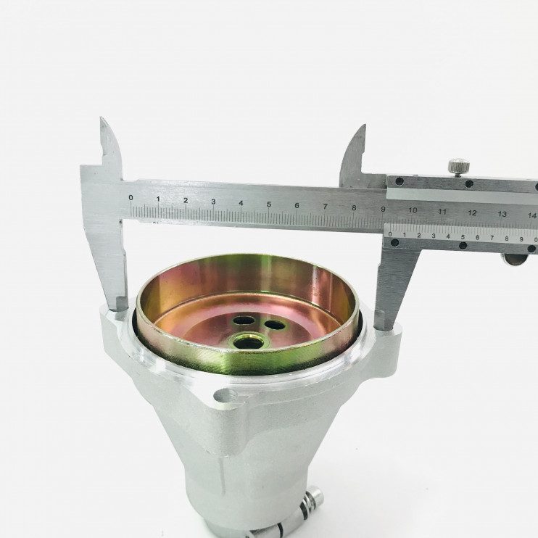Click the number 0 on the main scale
[131, 197]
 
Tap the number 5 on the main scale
[269, 204]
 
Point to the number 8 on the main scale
[354, 208]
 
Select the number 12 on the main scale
[472, 212]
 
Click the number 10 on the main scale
[413, 210]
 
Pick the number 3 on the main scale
[213, 202]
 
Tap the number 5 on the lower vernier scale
[463, 237]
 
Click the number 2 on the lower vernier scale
[418, 236]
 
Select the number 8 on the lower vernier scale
[506, 239]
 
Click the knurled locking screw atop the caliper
[459, 167]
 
